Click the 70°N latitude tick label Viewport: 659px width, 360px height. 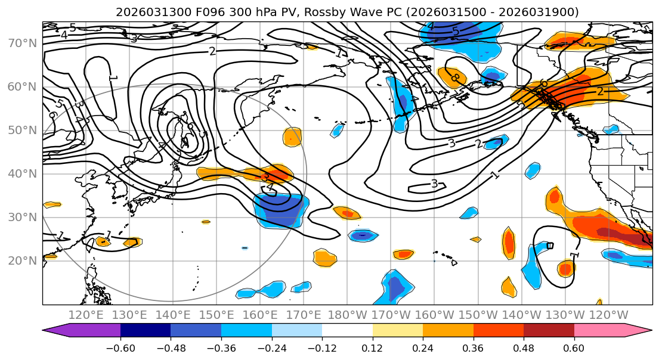click(x=21, y=43)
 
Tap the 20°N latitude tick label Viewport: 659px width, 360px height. click(x=21, y=260)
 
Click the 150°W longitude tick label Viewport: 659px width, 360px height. click(x=479, y=315)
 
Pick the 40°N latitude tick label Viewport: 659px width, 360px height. click(x=21, y=173)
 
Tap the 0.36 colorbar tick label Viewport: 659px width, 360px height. click(x=473, y=347)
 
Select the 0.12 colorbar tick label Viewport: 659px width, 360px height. click(x=372, y=347)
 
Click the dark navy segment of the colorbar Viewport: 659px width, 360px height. click(x=146, y=331)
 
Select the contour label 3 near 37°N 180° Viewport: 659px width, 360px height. click(x=434, y=184)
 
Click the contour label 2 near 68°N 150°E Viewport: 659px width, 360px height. click(x=212, y=51)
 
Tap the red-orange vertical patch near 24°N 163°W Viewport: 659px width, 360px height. click(x=509, y=242)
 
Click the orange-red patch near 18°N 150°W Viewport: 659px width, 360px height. click(x=565, y=268)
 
